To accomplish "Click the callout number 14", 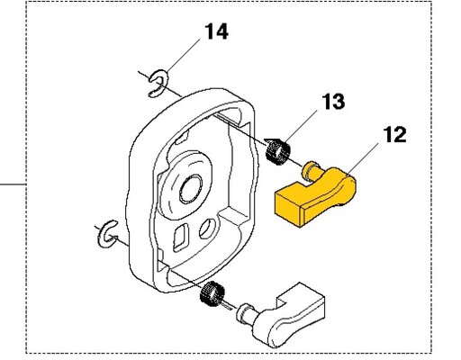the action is [x=216, y=31].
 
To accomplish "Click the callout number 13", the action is [x=333, y=102].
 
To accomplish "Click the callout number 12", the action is [x=394, y=135].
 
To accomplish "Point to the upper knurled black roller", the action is [x=278, y=151].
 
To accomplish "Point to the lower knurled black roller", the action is [x=212, y=294].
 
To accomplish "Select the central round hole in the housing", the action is [x=191, y=190].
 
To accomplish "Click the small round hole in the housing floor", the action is [x=208, y=229].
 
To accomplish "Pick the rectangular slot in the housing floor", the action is [x=181, y=238].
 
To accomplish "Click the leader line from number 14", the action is [x=183, y=56].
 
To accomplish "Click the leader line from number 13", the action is [x=300, y=126].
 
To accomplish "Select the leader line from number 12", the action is [x=363, y=158].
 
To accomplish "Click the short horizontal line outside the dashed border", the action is [x=13, y=184].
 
